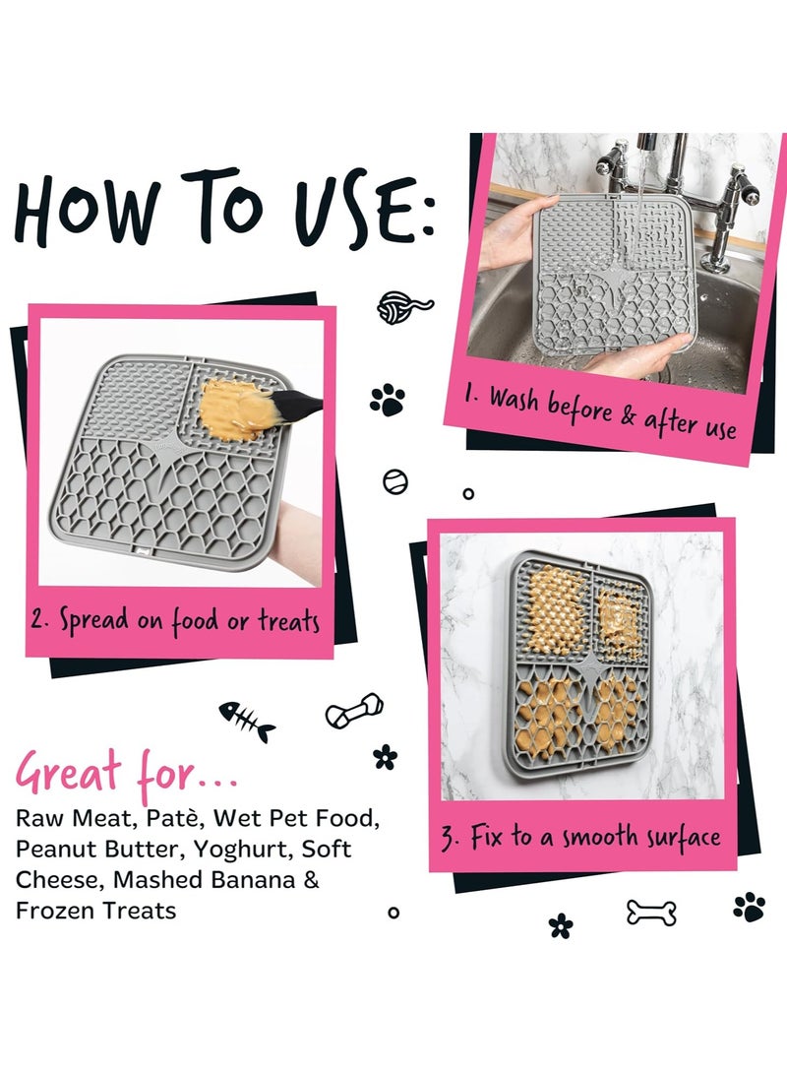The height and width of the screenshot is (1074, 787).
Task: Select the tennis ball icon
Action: [394, 481]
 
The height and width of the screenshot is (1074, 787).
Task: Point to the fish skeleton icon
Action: [246, 721]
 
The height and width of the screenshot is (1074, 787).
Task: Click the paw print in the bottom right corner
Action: [750, 907]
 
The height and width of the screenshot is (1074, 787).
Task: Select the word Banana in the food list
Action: [241, 879]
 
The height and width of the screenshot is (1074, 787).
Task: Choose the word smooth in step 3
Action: [603, 839]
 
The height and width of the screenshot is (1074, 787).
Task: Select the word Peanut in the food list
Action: [56, 849]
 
